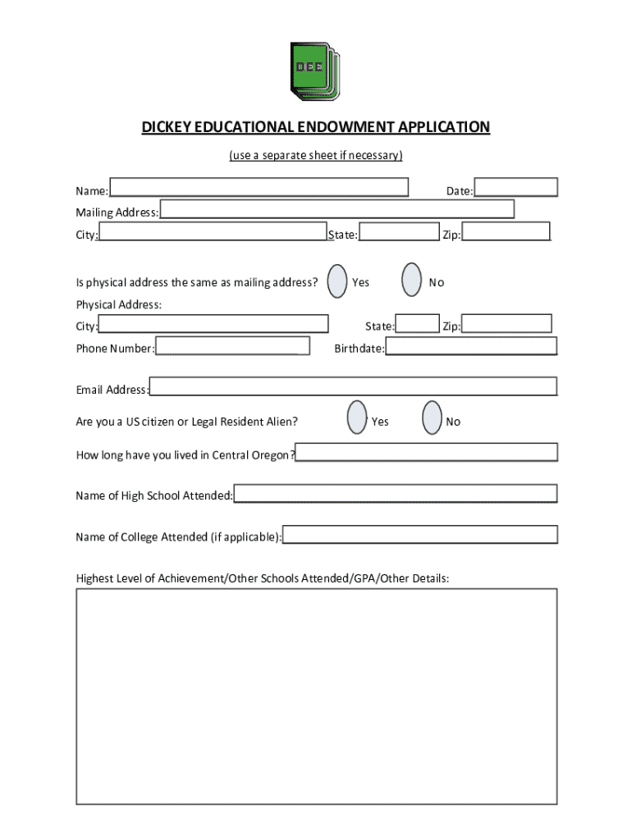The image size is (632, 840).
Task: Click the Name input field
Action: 259,188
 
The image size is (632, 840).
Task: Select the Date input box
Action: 515,188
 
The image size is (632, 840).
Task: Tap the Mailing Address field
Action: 337,210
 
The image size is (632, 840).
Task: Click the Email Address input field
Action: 353,386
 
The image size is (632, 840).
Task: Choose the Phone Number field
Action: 232,346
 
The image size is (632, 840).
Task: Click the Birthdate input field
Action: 471,346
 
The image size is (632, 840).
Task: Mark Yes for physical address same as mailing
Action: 337,281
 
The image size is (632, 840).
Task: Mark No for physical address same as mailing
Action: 412,281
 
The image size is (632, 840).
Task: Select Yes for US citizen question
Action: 356,418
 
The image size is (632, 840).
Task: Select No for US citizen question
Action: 432,418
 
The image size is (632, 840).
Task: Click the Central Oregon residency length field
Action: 427,452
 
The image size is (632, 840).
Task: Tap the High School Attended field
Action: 396,494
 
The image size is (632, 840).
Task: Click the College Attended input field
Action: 419,535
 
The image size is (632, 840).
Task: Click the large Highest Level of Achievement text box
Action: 317,710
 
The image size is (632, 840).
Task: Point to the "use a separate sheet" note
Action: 316,154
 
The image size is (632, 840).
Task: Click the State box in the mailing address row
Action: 399,233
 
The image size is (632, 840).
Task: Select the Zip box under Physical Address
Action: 506,324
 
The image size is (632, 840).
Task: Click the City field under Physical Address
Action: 213,325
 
